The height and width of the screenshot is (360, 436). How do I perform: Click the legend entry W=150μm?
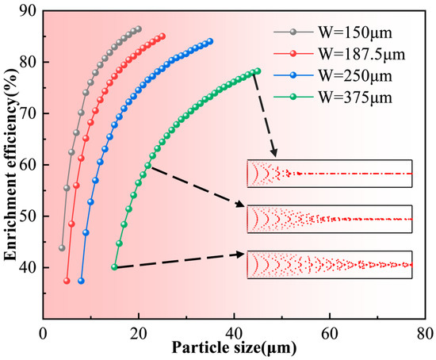pyautogui.click(x=355, y=33)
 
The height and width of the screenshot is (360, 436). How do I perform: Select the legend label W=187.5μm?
pyautogui.click(x=361, y=54)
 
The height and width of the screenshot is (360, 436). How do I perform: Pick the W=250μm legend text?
pyautogui.click(x=355, y=76)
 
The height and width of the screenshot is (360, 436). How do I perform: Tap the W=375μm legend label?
pyautogui.click(x=355, y=98)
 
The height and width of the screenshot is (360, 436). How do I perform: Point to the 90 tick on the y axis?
pyautogui.click(x=28, y=10)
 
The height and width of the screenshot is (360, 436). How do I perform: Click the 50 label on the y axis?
pyautogui.click(x=28, y=216)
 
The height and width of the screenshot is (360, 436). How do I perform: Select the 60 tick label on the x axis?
pyautogui.click(x=330, y=333)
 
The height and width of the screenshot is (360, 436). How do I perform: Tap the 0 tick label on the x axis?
pyautogui.click(x=43, y=333)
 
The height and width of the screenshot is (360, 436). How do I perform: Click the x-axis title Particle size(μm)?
pyautogui.click(x=234, y=348)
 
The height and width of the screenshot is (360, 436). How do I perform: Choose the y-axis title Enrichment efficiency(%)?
pyautogui.click(x=10, y=164)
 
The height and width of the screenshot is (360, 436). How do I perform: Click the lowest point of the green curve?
pyautogui.click(x=114, y=267)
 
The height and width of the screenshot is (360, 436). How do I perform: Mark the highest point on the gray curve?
pyautogui.click(x=139, y=29)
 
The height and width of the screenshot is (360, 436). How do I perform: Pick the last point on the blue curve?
pyautogui.click(x=210, y=41)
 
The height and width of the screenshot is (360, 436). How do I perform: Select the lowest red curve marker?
pyautogui.click(x=67, y=281)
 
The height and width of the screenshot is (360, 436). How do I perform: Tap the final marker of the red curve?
pyautogui.click(x=163, y=36)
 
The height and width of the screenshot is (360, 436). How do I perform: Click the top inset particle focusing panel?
pyautogui.click(x=330, y=174)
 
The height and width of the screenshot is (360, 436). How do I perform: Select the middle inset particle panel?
pyautogui.click(x=330, y=219)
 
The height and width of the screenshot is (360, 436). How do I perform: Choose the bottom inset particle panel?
pyautogui.click(x=330, y=265)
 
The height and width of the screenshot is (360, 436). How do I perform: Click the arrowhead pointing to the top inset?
pyautogui.click(x=274, y=153)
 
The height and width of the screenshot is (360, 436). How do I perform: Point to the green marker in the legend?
pyautogui.click(x=293, y=97)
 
